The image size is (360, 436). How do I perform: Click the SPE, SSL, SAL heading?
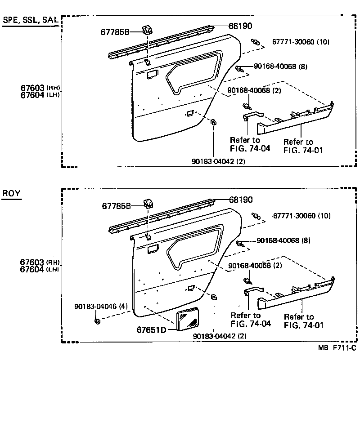[30, 21]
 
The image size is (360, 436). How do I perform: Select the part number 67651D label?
[152, 330]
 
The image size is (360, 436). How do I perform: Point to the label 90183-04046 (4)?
[101, 307]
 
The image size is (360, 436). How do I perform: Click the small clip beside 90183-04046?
[97, 320]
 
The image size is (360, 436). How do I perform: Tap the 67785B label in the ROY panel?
[116, 206]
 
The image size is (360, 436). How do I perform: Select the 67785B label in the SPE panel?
[115, 32]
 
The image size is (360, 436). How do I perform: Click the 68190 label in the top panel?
[240, 27]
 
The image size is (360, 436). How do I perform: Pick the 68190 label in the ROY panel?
[241, 200]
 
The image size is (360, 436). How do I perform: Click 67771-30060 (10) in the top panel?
[301, 42]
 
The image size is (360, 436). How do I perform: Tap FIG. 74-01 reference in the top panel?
[303, 151]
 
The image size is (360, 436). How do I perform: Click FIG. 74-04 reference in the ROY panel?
[251, 324]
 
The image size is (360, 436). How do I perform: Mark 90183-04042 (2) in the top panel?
[218, 161]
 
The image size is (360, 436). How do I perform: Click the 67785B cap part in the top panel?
[147, 30]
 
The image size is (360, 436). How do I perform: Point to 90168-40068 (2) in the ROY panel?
[255, 266]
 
